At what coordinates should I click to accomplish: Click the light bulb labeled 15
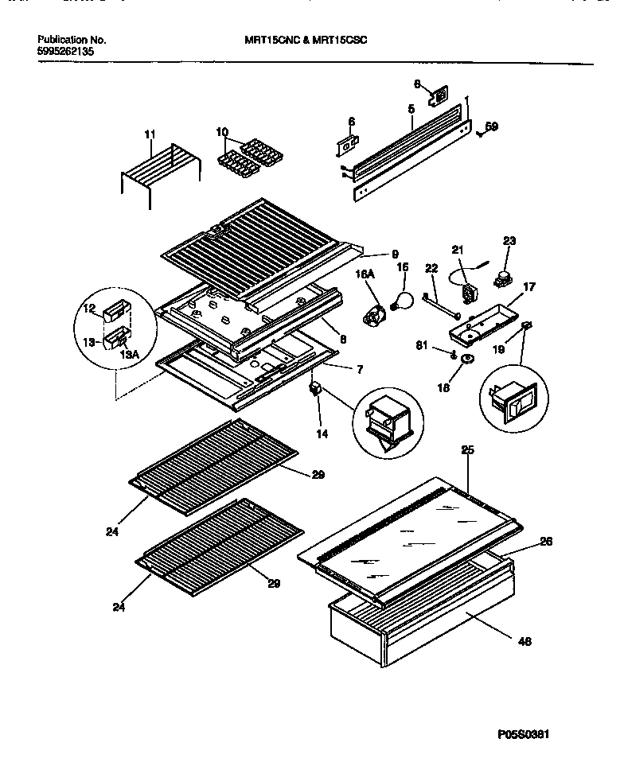click(403, 300)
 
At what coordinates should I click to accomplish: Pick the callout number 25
click(467, 451)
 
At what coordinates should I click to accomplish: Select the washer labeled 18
click(466, 360)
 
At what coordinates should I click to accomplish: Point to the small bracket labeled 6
click(345, 147)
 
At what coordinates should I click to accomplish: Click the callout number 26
click(546, 542)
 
